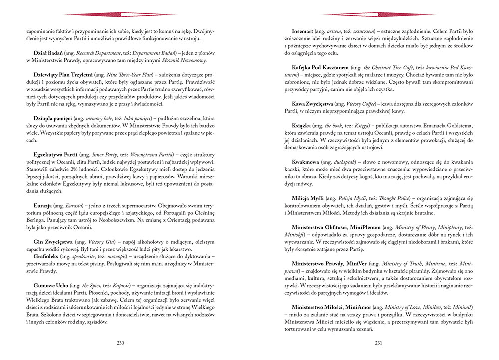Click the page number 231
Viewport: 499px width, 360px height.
(378, 343)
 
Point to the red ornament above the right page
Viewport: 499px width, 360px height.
(378, 14)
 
